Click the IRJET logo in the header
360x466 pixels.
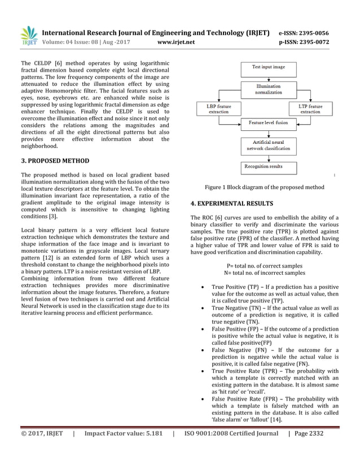[x=28, y=36]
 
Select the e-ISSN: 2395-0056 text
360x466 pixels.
[x=304, y=33]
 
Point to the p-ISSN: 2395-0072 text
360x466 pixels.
[x=304, y=42]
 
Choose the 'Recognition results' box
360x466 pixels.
[x=263, y=166]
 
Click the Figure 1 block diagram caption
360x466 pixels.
[x=264, y=187]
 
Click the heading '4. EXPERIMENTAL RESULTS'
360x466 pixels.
[x=232, y=203]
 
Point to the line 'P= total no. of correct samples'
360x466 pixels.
[x=265, y=265]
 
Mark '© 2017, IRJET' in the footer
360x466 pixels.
[x=42, y=449]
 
